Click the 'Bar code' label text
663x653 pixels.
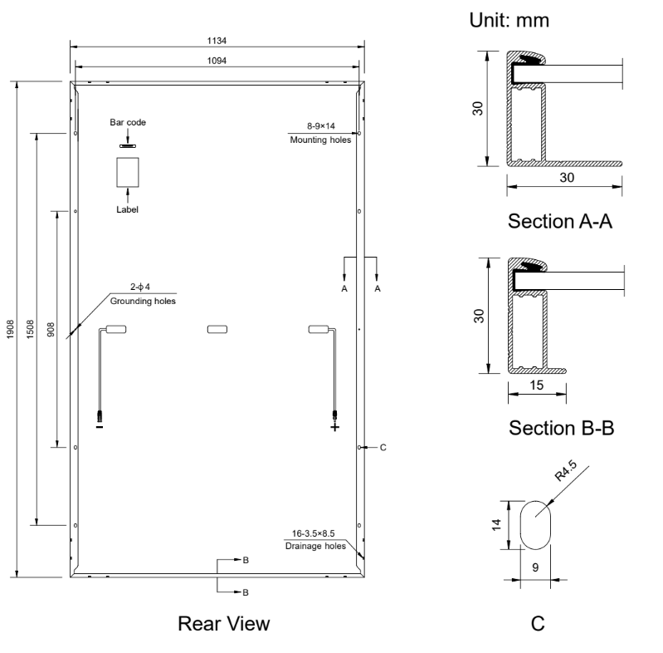[128, 122]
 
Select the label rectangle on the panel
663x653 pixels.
[128, 172]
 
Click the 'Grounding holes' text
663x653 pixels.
[146, 301]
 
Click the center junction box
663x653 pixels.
[217, 330]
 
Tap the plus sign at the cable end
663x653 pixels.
[335, 428]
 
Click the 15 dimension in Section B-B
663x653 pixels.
[537, 385]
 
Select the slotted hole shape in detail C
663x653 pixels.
[536, 524]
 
